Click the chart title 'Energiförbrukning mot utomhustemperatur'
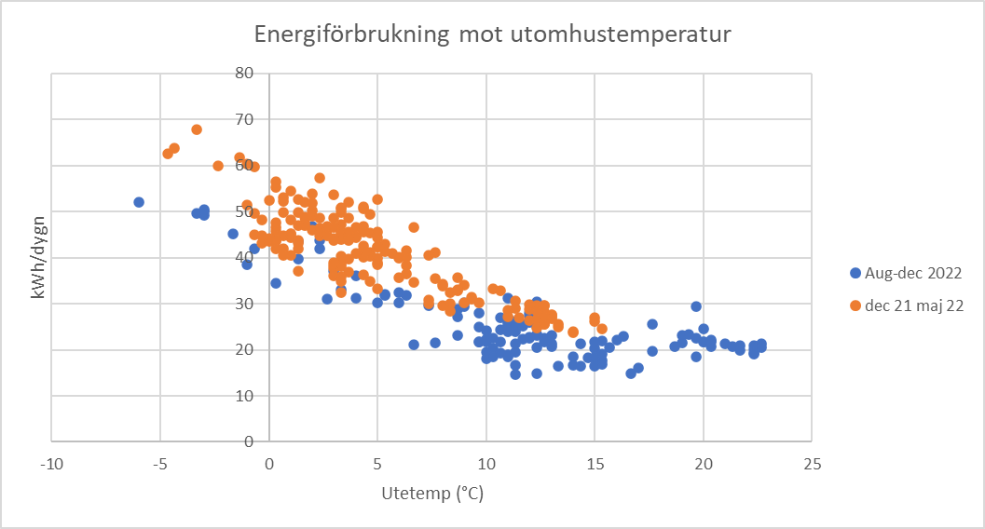click(493, 35)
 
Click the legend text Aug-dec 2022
click(911, 274)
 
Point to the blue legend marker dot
click(855, 274)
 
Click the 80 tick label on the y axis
click(243, 73)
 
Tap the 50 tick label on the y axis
click(243, 211)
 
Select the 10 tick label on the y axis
click(243, 396)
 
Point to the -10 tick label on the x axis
click(51, 463)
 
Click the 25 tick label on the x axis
click(812, 463)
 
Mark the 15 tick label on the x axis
click(595, 463)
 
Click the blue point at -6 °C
click(139, 202)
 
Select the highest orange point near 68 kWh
click(197, 129)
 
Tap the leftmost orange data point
click(168, 154)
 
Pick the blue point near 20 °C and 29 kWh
click(696, 306)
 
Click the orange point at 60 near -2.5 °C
click(218, 166)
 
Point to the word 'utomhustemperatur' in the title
click(622, 35)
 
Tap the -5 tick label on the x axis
click(160, 463)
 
